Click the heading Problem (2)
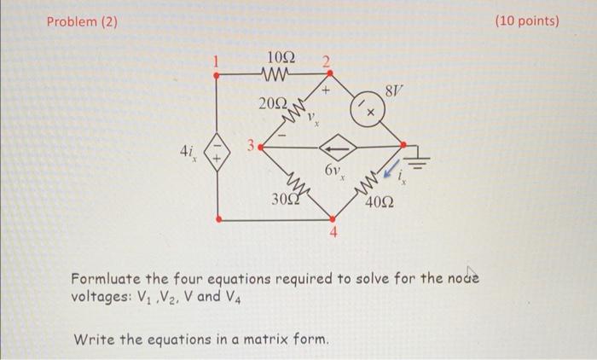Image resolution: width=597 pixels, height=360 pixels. tap(81, 20)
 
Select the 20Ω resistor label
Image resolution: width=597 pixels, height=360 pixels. tap(275, 103)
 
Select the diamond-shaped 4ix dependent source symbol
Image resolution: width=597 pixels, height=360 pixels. tap(217, 157)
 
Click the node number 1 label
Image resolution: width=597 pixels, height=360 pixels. tap(217, 61)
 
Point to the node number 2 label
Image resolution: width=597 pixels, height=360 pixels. tap(325, 61)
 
